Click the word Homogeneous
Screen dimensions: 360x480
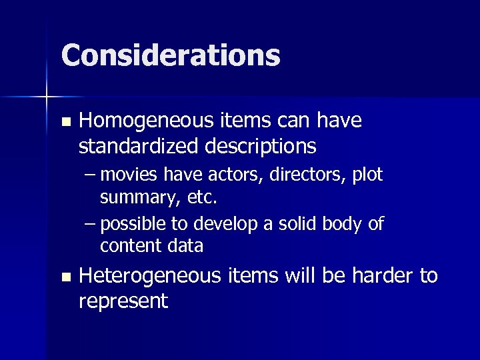[x=142, y=121]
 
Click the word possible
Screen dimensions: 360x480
[x=134, y=224]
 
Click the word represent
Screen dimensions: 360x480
[x=123, y=301]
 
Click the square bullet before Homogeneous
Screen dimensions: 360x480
[x=64, y=122]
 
